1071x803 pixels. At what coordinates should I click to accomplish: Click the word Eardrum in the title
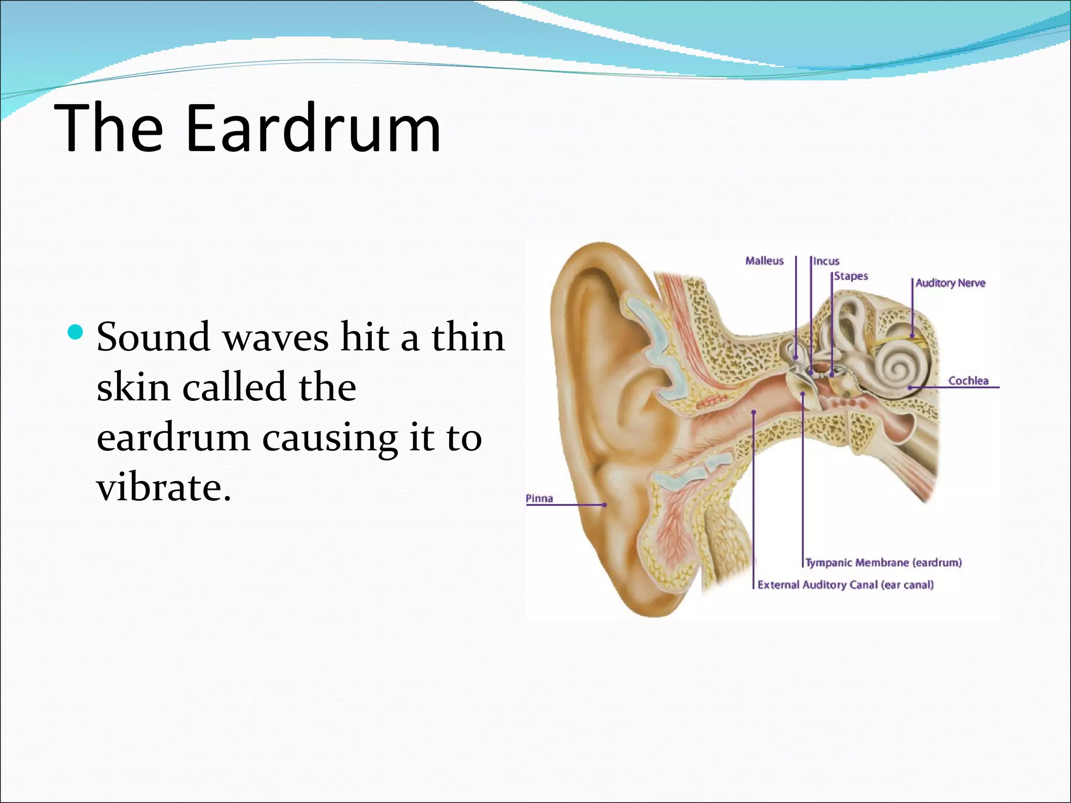[x=313, y=129]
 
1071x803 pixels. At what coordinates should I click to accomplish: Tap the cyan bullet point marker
[x=76, y=331]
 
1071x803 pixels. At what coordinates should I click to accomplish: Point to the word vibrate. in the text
[x=164, y=487]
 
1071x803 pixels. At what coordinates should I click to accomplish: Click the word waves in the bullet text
[x=276, y=337]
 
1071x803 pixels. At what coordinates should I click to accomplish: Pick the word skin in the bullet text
[x=133, y=387]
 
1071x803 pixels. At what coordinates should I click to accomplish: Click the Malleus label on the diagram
[x=764, y=261]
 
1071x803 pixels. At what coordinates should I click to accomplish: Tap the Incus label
[x=826, y=261]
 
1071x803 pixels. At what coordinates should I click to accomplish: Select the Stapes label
[x=851, y=276]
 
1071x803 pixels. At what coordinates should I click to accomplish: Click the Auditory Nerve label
[x=950, y=283]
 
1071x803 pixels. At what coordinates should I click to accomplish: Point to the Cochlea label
[x=968, y=381]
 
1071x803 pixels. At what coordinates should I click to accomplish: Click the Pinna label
[x=539, y=498]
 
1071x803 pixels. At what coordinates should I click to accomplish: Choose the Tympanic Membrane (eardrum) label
[x=883, y=563]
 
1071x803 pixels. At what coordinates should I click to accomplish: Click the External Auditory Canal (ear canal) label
[x=846, y=584]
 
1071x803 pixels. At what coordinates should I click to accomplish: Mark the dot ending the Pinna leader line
[x=605, y=505]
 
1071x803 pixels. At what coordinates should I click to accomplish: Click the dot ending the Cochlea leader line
[x=910, y=387]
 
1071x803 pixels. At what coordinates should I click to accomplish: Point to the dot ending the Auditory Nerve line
[x=912, y=336]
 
